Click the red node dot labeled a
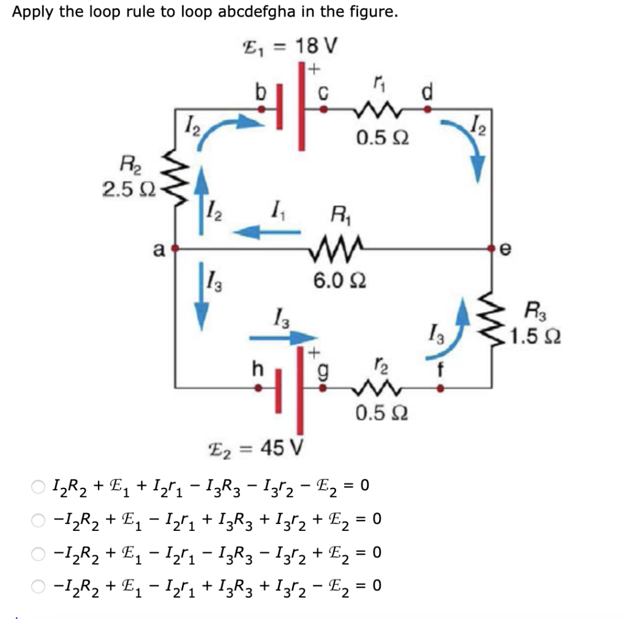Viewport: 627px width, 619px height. [176, 249]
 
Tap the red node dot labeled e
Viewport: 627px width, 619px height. [492, 249]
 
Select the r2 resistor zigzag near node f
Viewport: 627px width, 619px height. [374, 388]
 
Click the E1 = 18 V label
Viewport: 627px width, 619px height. [291, 46]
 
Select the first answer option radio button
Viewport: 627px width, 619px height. [39, 487]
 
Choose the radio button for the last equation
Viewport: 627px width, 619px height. [39, 586]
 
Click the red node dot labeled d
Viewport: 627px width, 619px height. [427, 110]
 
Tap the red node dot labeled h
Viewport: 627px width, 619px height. [258, 388]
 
